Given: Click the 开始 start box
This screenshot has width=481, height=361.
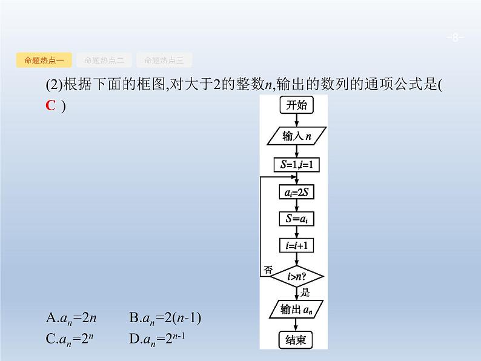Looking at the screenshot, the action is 296,105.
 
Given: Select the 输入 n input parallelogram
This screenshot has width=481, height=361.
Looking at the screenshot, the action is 296,136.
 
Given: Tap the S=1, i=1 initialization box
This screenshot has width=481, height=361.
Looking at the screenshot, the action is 296,164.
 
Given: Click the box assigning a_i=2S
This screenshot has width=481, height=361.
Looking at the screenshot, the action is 296,193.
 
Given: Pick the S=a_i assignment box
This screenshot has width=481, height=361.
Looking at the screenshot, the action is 296,219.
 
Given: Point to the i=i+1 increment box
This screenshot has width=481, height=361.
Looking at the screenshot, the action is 296,245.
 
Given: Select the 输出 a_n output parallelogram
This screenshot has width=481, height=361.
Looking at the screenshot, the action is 296,310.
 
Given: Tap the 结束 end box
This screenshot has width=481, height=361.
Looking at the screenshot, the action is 296,340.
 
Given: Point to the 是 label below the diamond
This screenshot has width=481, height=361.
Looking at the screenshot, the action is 305,292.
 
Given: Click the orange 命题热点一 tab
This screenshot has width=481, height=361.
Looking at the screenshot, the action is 44,60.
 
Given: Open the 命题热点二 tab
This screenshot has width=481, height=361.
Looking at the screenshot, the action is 104,60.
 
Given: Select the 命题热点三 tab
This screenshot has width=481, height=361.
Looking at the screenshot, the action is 164,60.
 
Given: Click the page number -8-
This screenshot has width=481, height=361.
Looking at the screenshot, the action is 455,38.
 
